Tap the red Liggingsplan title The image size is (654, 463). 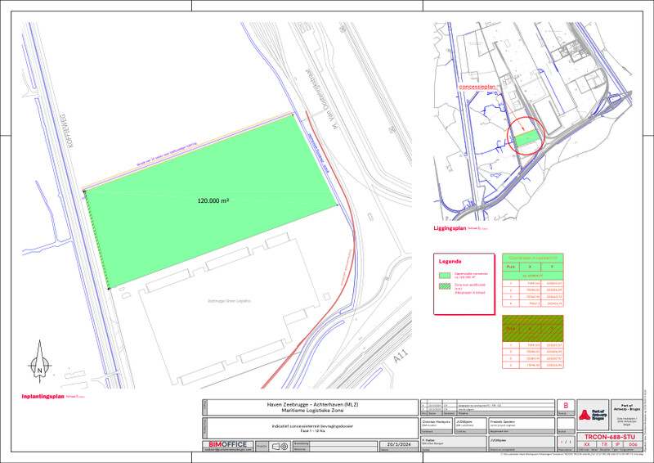450,229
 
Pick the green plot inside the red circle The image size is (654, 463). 528,139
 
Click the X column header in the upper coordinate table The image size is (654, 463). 531,267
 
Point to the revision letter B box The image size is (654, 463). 564,405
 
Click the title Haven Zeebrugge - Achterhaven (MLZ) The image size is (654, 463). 309,404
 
